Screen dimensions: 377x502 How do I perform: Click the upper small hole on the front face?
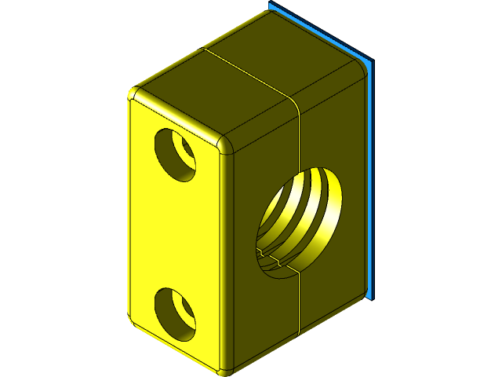[x=176, y=153]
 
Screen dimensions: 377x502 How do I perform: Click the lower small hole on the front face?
[x=175, y=313]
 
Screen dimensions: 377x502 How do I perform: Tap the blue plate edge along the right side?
[x=371, y=181]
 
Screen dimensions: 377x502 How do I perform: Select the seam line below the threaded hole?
[x=299, y=302]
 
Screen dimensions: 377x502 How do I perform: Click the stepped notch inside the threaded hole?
[x=271, y=256]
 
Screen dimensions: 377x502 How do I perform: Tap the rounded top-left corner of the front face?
[x=134, y=96]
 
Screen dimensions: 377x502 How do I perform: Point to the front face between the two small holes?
[x=176, y=236]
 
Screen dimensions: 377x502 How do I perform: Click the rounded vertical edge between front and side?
[x=232, y=259]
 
